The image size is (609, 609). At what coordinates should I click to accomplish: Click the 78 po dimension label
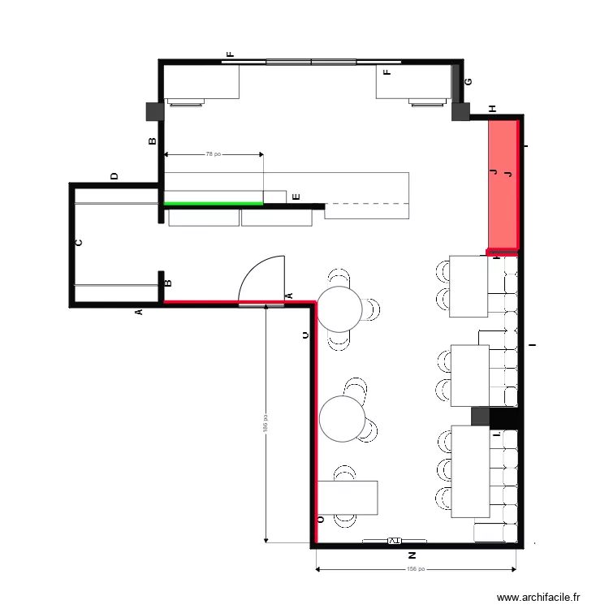[214, 153]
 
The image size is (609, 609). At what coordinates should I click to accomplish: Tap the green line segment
[214, 203]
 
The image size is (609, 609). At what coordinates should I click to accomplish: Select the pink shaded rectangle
[502, 184]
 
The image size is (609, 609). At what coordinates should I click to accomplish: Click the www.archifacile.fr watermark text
[538, 597]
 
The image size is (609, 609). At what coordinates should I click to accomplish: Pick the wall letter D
[114, 175]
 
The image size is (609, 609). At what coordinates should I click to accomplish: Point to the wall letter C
[79, 242]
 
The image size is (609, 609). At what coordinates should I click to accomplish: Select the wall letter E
[296, 197]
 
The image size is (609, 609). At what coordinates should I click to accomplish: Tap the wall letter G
[469, 82]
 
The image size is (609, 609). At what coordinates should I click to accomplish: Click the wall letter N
[412, 556]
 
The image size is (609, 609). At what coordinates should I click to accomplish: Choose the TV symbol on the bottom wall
[395, 540]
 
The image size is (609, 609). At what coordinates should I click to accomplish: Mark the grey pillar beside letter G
[460, 111]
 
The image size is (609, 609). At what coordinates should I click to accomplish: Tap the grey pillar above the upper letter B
[154, 111]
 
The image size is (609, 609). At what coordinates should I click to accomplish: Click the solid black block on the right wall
[504, 417]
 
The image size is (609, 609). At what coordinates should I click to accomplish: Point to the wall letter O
[320, 519]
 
